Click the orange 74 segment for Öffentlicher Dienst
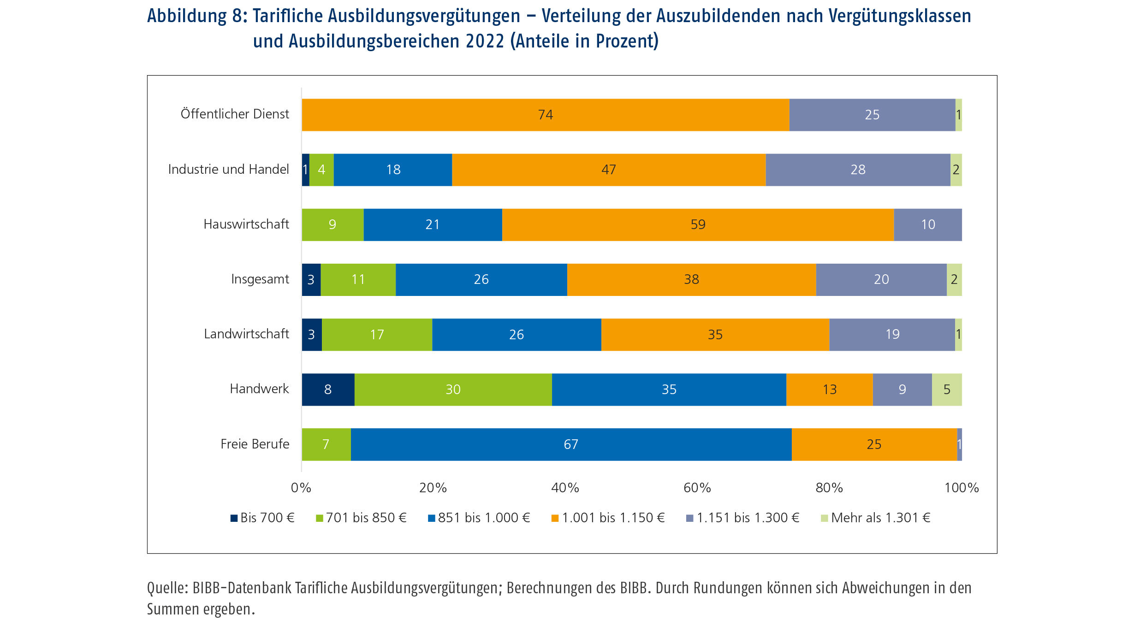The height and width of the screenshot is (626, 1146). coord(545,115)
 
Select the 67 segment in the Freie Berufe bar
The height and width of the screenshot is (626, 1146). coord(571,444)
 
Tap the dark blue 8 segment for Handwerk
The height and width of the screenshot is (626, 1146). coord(328,390)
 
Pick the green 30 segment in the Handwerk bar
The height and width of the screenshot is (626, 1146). coord(453,390)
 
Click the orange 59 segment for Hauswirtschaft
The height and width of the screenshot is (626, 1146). coord(698,225)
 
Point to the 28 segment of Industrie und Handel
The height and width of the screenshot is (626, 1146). coord(858,170)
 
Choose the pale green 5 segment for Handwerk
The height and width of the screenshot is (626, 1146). coord(947,390)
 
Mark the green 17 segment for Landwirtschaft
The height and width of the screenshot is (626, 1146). coord(377,335)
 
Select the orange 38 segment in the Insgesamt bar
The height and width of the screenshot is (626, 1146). coord(691,280)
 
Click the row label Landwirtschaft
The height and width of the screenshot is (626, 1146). coord(246,334)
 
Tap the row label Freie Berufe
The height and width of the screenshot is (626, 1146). coord(255,444)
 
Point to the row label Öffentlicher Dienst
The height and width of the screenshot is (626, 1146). coord(235,114)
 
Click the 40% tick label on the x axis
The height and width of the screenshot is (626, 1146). coord(565,488)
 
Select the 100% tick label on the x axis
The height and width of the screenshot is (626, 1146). coord(961,488)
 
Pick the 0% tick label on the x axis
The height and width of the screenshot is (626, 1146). coord(301,488)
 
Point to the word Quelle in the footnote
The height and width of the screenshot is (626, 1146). coord(167,589)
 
